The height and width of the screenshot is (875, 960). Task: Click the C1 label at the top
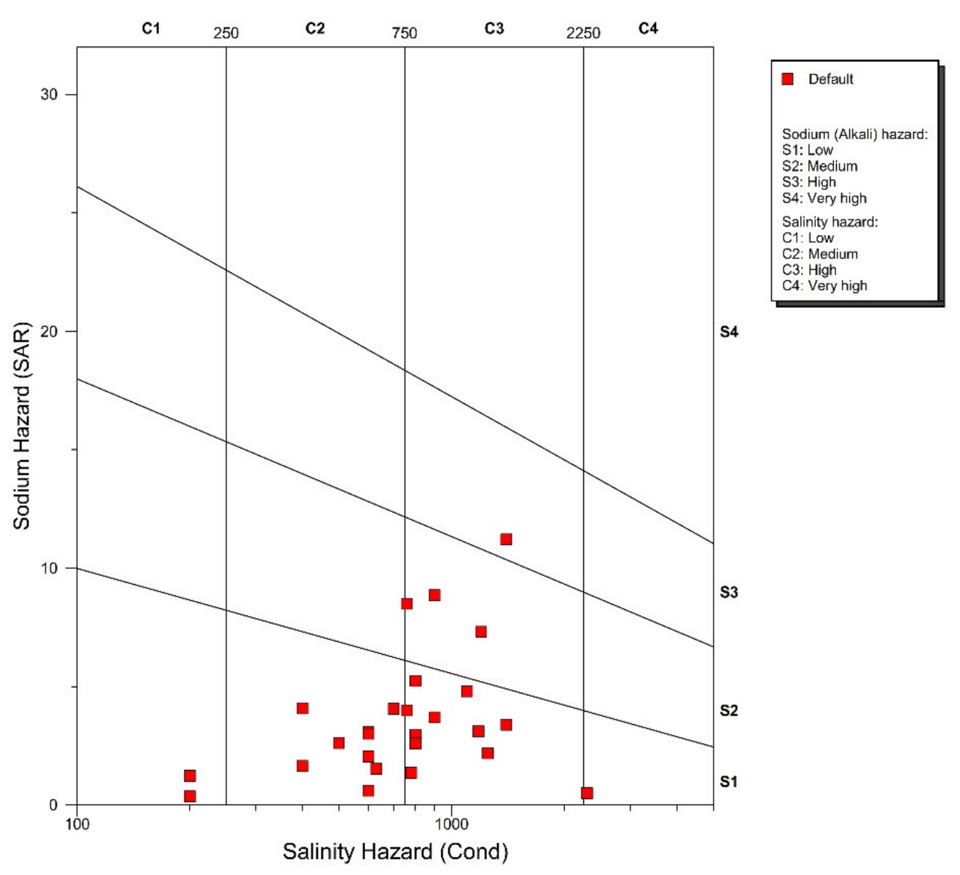click(150, 28)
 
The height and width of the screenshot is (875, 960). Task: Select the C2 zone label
click(315, 28)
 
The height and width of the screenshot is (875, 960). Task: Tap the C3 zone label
click(494, 28)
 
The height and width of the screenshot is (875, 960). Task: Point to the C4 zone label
click(648, 28)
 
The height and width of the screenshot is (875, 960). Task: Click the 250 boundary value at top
click(226, 34)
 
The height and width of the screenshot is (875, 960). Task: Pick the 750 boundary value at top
click(405, 34)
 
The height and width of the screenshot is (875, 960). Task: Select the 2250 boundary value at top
click(583, 34)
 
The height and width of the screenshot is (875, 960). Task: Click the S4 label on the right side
click(729, 332)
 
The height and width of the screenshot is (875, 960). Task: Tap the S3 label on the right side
click(729, 592)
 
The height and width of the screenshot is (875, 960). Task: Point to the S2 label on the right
click(729, 711)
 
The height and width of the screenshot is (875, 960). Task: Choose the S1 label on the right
click(729, 782)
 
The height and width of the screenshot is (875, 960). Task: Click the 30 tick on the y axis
click(49, 95)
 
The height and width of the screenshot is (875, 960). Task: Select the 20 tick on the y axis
click(49, 332)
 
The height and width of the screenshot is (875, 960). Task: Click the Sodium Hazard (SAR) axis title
click(22, 426)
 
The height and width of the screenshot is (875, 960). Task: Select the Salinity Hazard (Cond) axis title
click(395, 852)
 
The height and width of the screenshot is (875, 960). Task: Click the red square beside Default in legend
click(787, 79)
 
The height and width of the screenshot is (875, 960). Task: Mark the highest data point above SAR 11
click(506, 540)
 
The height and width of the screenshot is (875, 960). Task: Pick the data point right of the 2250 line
click(587, 793)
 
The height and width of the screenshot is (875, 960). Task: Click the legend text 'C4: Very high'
click(824, 286)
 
